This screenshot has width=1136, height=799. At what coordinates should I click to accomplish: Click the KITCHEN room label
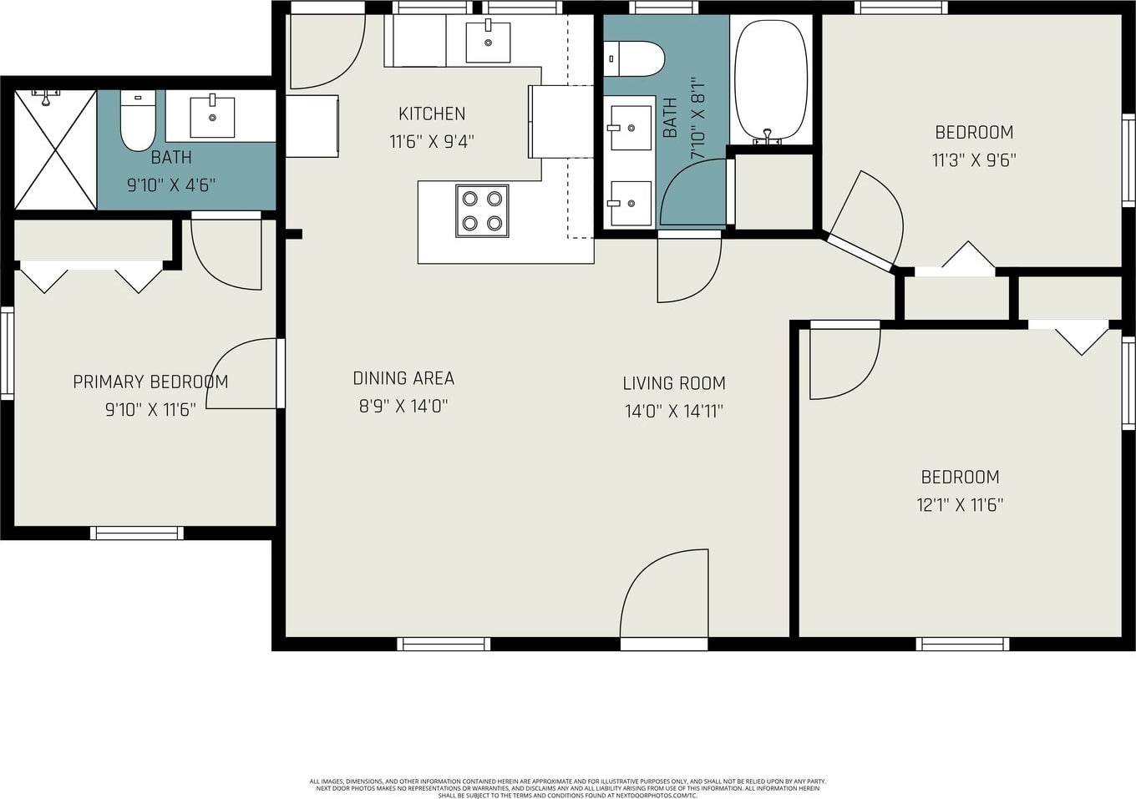[432, 114]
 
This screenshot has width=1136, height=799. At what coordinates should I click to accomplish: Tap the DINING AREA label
[403, 378]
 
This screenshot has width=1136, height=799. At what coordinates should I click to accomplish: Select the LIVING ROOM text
[674, 383]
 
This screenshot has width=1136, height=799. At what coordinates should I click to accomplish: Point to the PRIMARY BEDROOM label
[150, 382]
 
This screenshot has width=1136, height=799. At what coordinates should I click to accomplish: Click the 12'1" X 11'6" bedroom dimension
[960, 505]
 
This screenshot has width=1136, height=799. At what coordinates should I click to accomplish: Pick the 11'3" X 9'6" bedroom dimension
[974, 160]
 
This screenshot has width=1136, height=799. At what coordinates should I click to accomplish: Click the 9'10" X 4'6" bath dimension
[171, 185]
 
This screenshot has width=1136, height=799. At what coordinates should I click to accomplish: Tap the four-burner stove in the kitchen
[482, 211]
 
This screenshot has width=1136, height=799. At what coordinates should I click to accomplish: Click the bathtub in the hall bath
[771, 81]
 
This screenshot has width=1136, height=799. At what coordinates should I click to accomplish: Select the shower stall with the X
[55, 149]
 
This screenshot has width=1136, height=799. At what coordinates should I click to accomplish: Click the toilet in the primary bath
[138, 121]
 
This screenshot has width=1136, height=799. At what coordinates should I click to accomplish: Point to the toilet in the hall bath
[634, 58]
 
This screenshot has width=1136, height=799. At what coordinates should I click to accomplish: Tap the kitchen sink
[488, 42]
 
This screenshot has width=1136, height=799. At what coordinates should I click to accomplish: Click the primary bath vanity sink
[212, 117]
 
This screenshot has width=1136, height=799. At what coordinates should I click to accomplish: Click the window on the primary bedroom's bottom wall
[137, 533]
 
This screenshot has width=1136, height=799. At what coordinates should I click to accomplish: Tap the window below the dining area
[444, 644]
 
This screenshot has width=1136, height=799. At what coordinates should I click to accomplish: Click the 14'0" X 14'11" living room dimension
[674, 411]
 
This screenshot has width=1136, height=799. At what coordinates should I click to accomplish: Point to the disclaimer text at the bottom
[567, 788]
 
